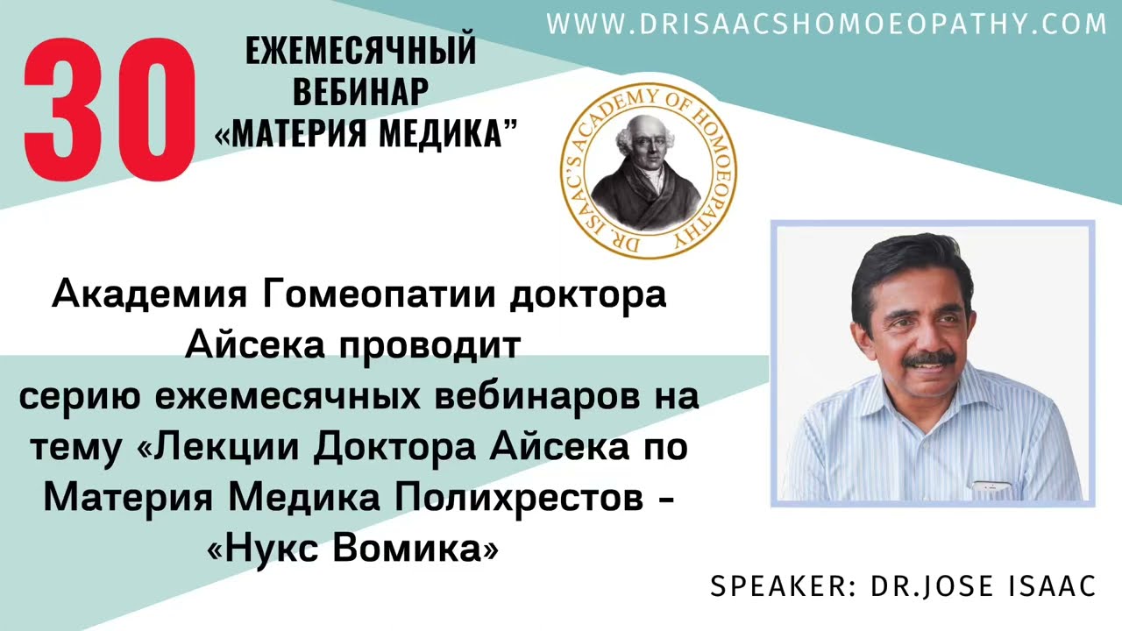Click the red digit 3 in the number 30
click(x=68, y=106)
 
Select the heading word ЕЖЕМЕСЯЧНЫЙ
click(x=360, y=51)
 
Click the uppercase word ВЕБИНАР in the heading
click(x=360, y=92)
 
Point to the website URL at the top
click(x=827, y=24)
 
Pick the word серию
click(x=81, y=397)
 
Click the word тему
click(x=76, y=448)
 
